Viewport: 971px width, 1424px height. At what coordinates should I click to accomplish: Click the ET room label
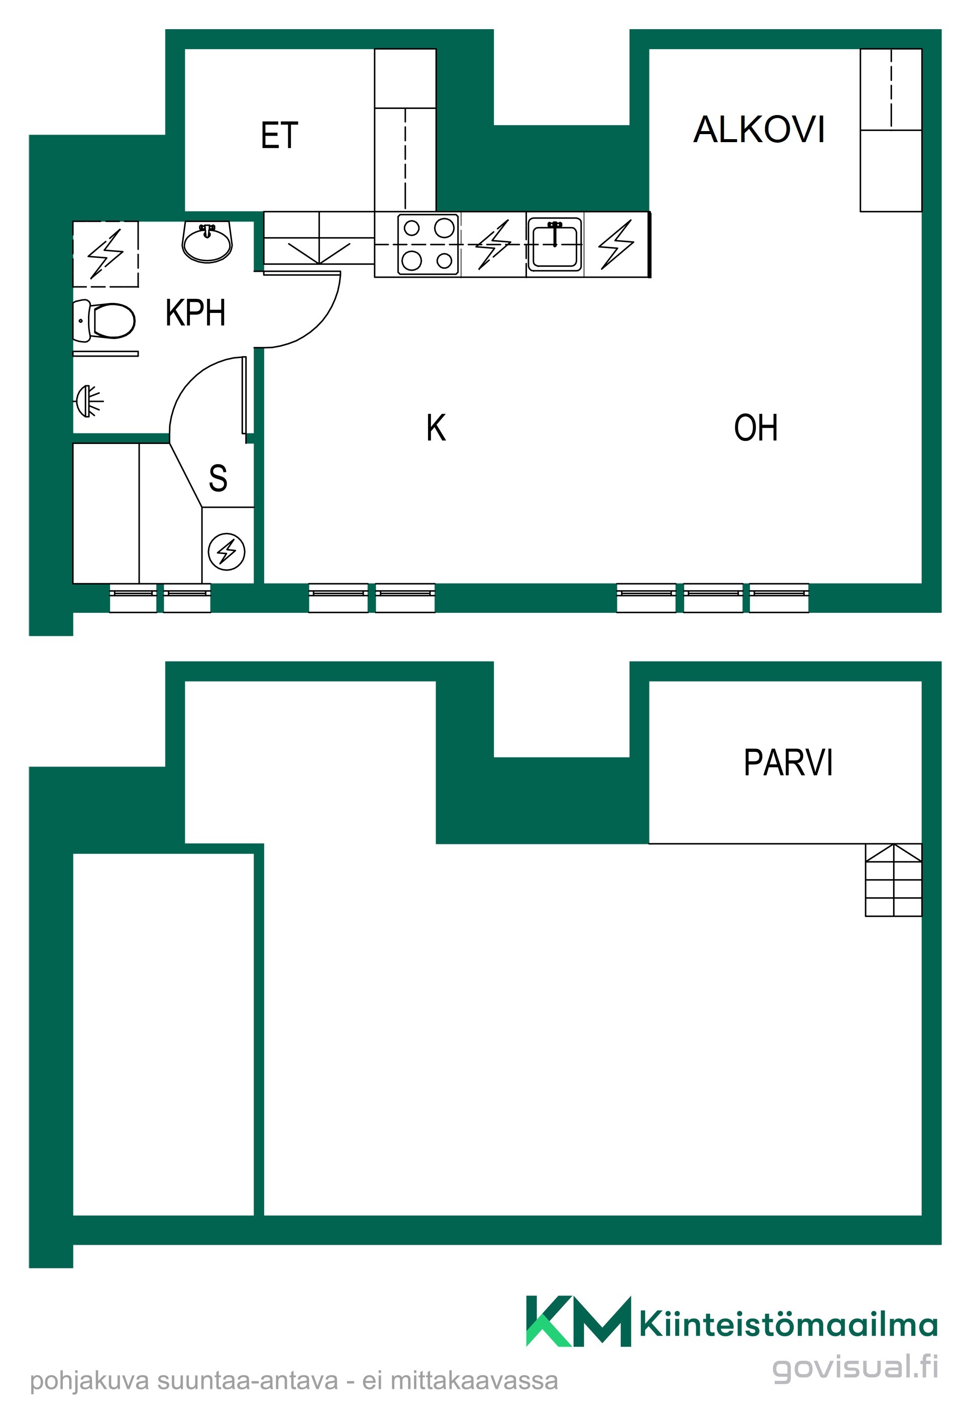point(279,136)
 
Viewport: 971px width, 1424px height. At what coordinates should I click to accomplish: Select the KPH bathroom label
point(195,312)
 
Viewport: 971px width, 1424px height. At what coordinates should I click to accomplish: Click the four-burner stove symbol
point(428,245)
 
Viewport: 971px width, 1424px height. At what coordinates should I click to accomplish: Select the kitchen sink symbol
point(555,245)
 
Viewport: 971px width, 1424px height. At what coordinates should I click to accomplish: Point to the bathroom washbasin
point(207,242)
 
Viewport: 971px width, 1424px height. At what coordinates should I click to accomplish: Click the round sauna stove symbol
point(227,552)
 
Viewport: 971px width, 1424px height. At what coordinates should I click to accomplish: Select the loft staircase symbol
point(893,880)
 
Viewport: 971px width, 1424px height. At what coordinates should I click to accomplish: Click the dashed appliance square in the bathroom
point(106,254)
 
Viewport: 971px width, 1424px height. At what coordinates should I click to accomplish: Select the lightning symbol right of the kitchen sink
point(616,245)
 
